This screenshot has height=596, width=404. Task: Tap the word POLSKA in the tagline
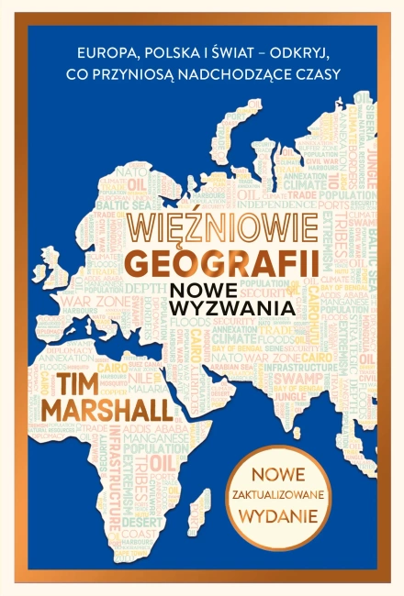click(156, 51)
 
